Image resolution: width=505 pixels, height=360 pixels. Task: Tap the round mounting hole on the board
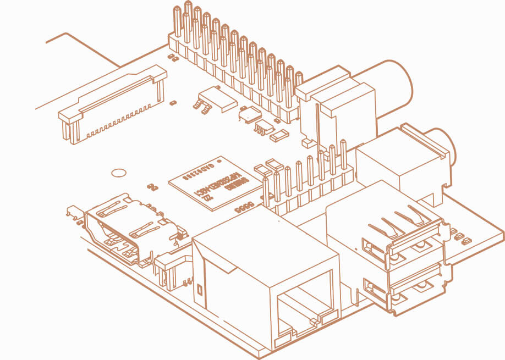pos(118,173)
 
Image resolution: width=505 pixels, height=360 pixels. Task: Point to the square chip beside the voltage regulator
pos(250,114)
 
